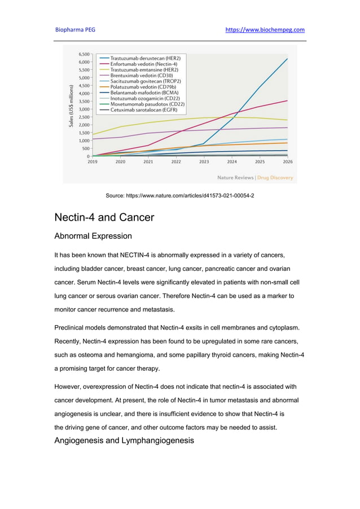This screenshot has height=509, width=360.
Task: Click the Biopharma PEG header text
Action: coord(75,30)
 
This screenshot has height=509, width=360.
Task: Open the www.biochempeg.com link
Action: coord(265,30)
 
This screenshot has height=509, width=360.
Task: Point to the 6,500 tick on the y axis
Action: coord(83,54)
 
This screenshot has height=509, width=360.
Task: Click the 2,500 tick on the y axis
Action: coord(83,117)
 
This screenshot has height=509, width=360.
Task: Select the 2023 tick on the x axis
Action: coord(204,161)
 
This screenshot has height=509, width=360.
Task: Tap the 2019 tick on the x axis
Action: coord(92,161)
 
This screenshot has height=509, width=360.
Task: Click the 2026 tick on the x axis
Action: coord(287,161)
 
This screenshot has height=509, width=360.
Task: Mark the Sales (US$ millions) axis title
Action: coord(72,106)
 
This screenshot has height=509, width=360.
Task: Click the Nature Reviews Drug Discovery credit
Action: coord(255,178)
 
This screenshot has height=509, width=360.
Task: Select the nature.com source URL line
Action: coord(180,195)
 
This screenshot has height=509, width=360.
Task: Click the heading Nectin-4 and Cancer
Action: coord(104,217)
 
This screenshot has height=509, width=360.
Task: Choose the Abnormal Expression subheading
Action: coord(93,236)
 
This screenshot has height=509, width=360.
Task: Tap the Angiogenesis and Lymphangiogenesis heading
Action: coord(124,440)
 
